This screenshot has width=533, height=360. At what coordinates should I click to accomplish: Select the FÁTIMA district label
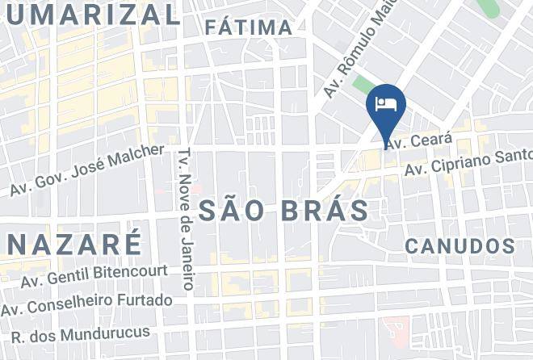248,27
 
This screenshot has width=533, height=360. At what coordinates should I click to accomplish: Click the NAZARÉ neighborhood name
72,244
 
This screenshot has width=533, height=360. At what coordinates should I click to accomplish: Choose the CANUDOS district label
460,245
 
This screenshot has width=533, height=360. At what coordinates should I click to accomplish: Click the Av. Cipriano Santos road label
468,164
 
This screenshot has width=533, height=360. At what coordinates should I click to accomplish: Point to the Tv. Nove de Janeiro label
185,219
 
